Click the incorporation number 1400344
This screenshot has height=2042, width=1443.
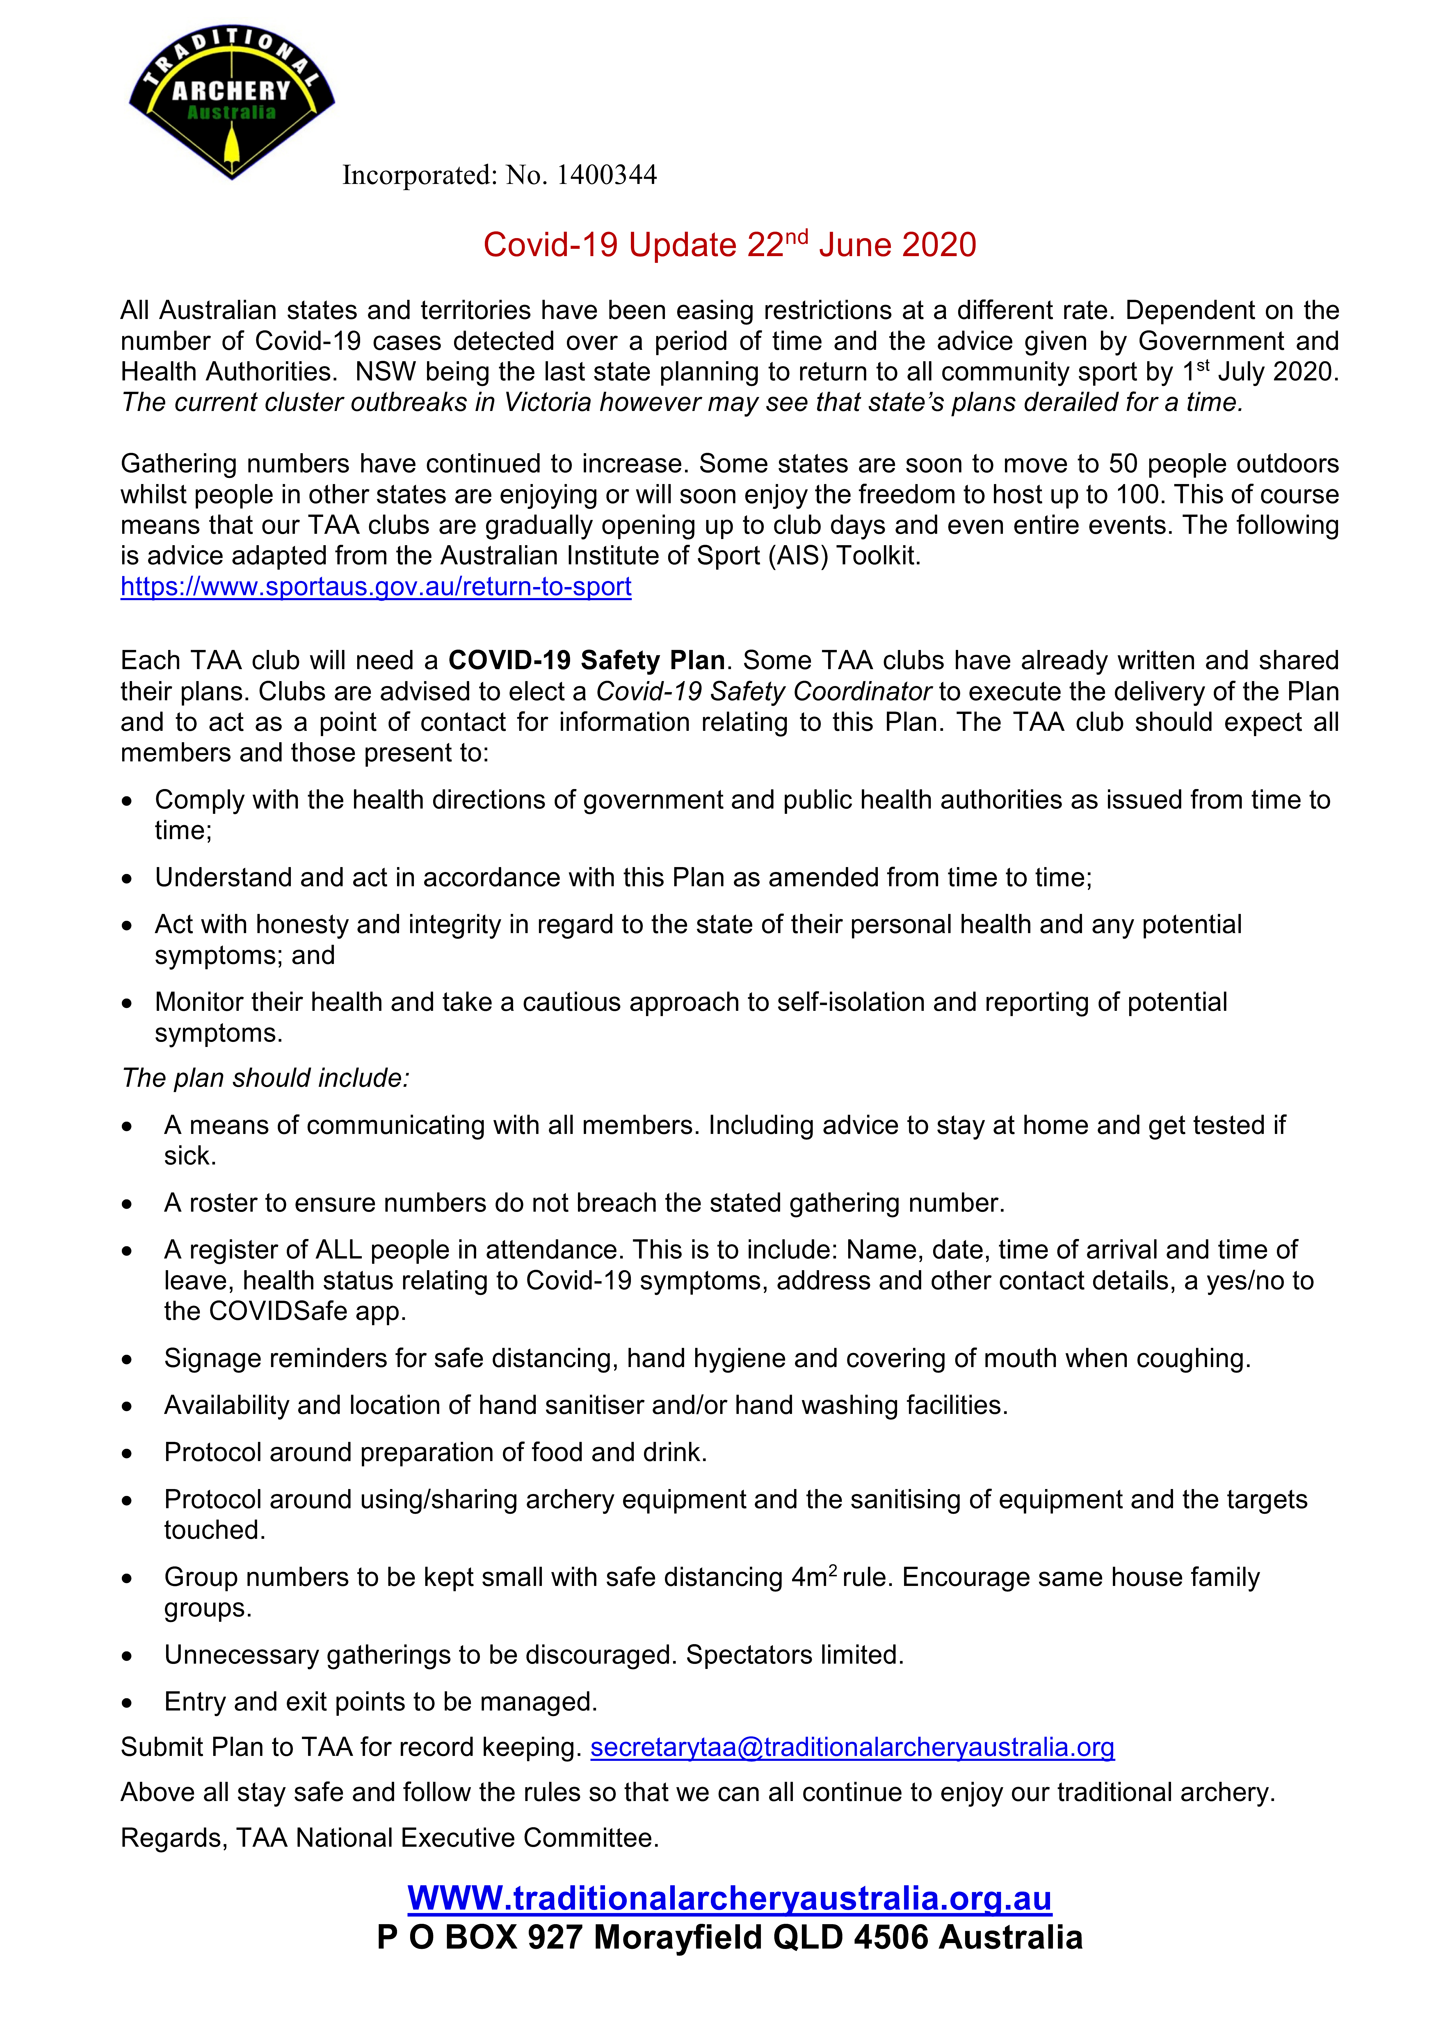[606, 175]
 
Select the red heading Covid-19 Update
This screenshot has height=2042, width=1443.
[729, 244]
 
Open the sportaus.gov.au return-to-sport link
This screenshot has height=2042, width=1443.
[376, 587]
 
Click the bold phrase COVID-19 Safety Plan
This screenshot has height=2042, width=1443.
[586, 661]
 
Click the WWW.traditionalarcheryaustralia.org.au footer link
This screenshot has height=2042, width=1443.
[729, 1898]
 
